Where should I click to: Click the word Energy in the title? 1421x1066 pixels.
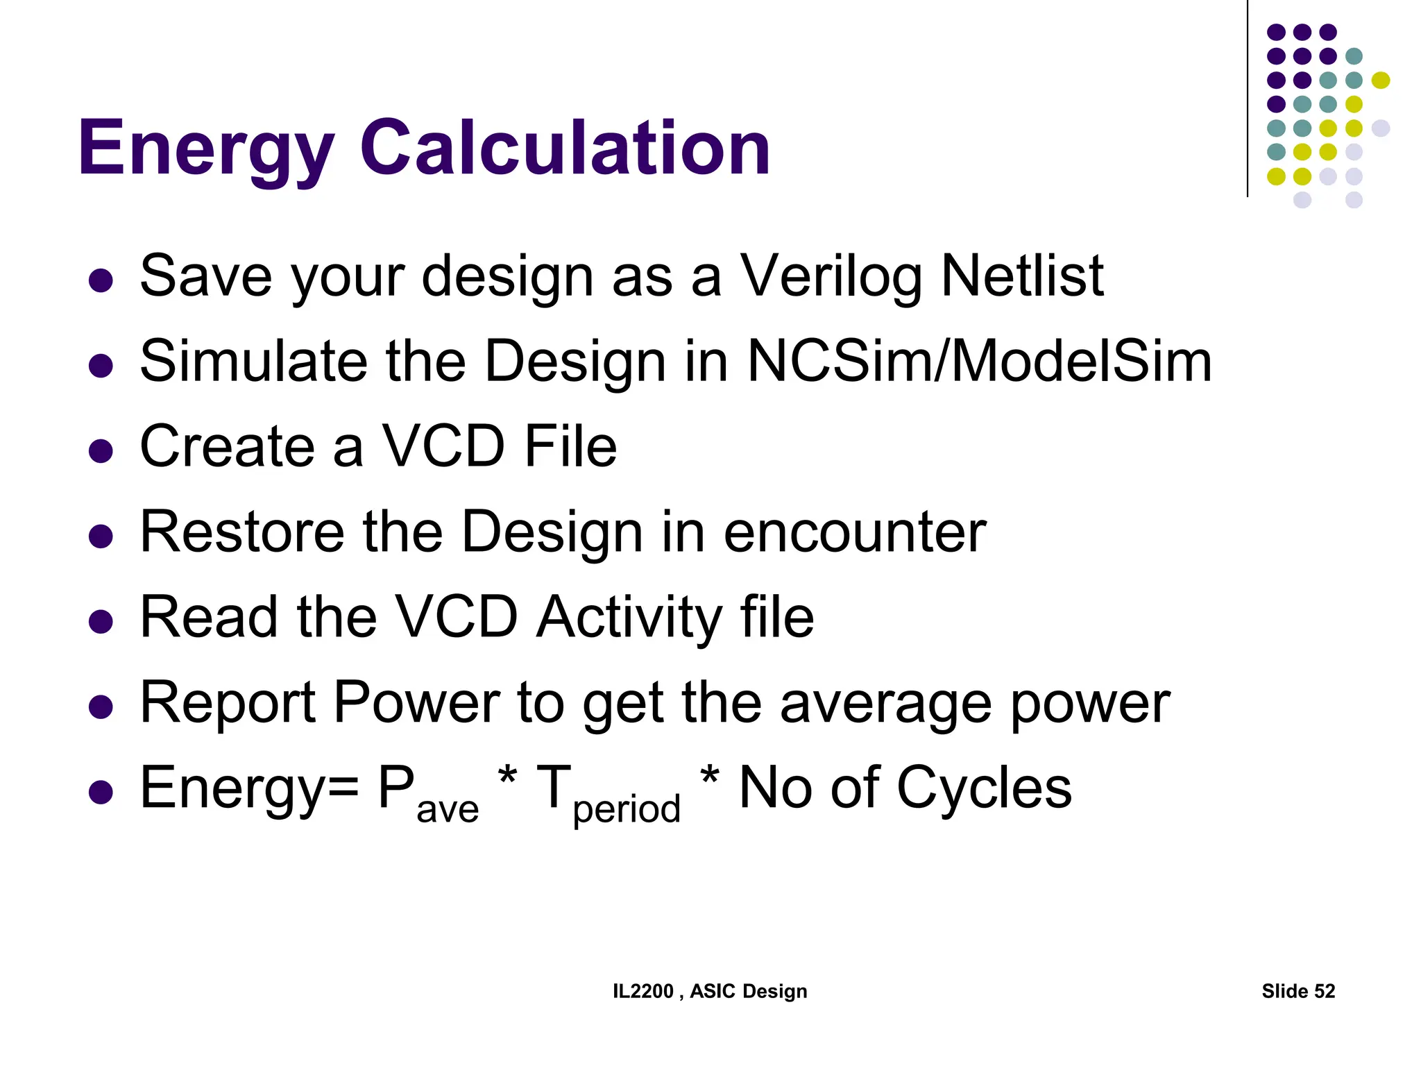tap(206, 148)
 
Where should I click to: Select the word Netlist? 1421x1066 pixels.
tap(1022, 276)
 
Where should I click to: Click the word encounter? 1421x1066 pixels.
tap(854, 532)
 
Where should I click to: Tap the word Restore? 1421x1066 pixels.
tap(242, 532)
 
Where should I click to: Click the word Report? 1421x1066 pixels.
tap(228, 703)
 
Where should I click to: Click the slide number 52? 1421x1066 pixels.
tap(1324, 991)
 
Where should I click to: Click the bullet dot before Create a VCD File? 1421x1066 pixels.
tap(101, 451)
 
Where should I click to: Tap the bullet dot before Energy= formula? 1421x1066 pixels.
tap(101, 793)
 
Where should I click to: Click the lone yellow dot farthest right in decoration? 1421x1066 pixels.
tap(1380, 81)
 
